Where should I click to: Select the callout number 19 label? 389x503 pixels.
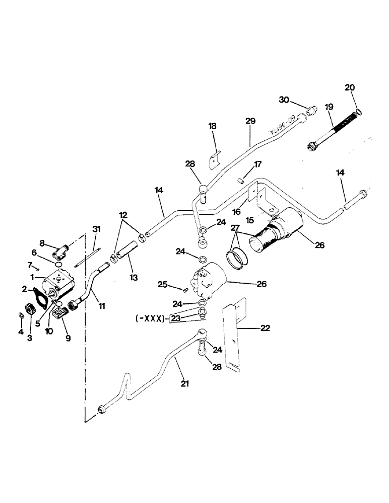pyautogui.click(x=329, y=107)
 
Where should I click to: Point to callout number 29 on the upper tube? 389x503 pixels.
pyautogui.click(x=250, y=121)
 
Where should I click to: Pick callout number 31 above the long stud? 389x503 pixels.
pyautogui.click(x=97, y=229)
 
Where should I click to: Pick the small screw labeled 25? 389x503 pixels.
pyautogui.click(x=185, y=289)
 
